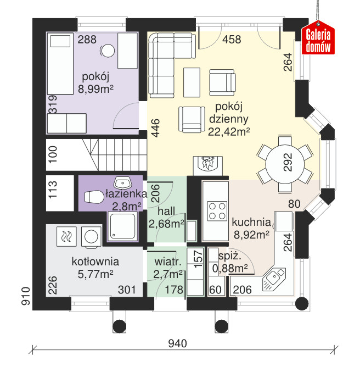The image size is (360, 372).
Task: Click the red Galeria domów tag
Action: [x=318, y=38]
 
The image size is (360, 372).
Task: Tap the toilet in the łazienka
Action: [x=94, y=197]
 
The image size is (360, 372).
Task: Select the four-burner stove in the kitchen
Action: [x=217, y=210]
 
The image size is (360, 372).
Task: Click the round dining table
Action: [x=285, y=164]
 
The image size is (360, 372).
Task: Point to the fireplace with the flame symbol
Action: [x=208, y=165]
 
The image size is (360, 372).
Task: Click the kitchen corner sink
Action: [x=274, y=279]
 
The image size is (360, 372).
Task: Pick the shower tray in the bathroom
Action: [x=122, y=226]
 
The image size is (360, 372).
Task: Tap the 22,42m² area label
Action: [x=229, y=132]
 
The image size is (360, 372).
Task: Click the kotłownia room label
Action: [x=95, y=262]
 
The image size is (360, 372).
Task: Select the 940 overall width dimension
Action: [x=177, y=343]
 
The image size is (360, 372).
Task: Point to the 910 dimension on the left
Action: [x=26, y=296]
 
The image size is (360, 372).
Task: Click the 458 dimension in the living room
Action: [x=232, y=40]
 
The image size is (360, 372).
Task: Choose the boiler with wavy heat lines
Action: [x=66, y=236]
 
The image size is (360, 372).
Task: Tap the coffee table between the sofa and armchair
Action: [x=192, y=82]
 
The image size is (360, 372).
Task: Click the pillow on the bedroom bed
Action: [x=60, y=41]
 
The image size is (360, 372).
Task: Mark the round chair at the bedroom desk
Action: [x=108, y=51]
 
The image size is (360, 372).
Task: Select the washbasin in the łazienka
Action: [x=122, y=182]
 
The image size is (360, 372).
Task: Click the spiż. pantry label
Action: [x=230, y=256]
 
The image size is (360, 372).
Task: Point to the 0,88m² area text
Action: [x=230, y=268]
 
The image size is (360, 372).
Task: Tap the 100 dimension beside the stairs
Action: [x=53, y=154]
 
